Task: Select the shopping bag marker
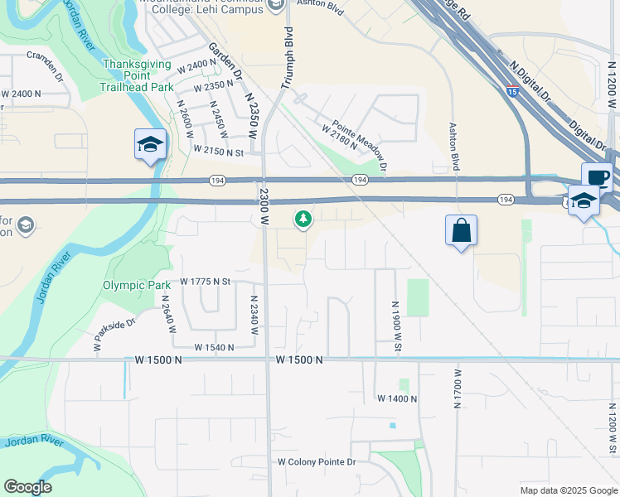(461, 231)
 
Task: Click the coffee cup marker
(597, 177)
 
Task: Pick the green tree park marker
(304, 219)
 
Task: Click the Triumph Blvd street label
(288, 58)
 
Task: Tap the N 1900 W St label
(396, 325)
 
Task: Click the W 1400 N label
(397, 398)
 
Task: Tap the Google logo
(27, 487)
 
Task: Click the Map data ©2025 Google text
(568, 490)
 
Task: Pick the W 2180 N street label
(339, 136)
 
